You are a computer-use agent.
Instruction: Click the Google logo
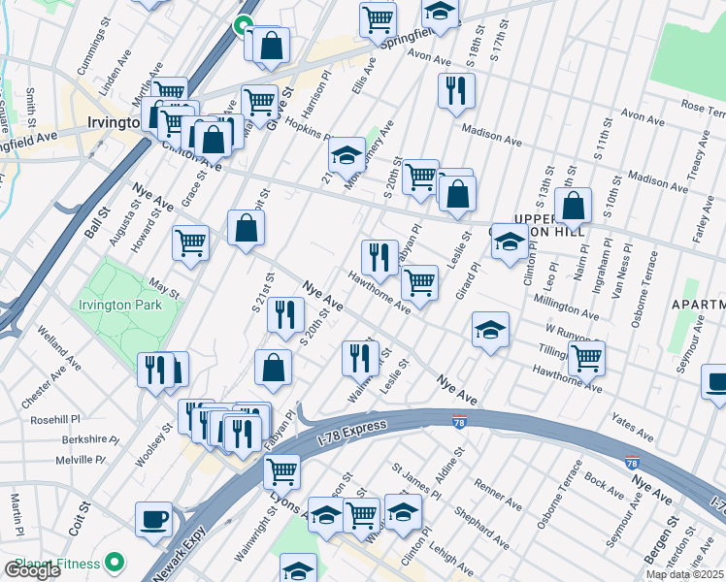(x=32, y=570)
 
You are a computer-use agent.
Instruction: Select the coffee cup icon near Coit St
(x=153, y=519)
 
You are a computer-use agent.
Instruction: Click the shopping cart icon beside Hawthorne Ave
(x=418, y=282)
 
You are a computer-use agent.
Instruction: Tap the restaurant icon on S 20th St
(x=285, y=314)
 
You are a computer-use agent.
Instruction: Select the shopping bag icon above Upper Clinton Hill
(x=575, y=206)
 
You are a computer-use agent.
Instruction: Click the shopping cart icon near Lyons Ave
(x=281, y=471)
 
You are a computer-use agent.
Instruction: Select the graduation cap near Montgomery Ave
(x=346, y=154)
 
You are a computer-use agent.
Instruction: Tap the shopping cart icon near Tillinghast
(x=586, y=357)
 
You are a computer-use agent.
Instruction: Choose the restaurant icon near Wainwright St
(x=360, y=357)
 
